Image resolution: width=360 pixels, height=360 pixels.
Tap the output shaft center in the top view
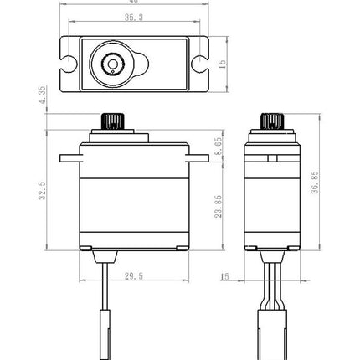[111, 63]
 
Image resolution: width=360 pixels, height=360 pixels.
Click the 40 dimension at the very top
[132, 3]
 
